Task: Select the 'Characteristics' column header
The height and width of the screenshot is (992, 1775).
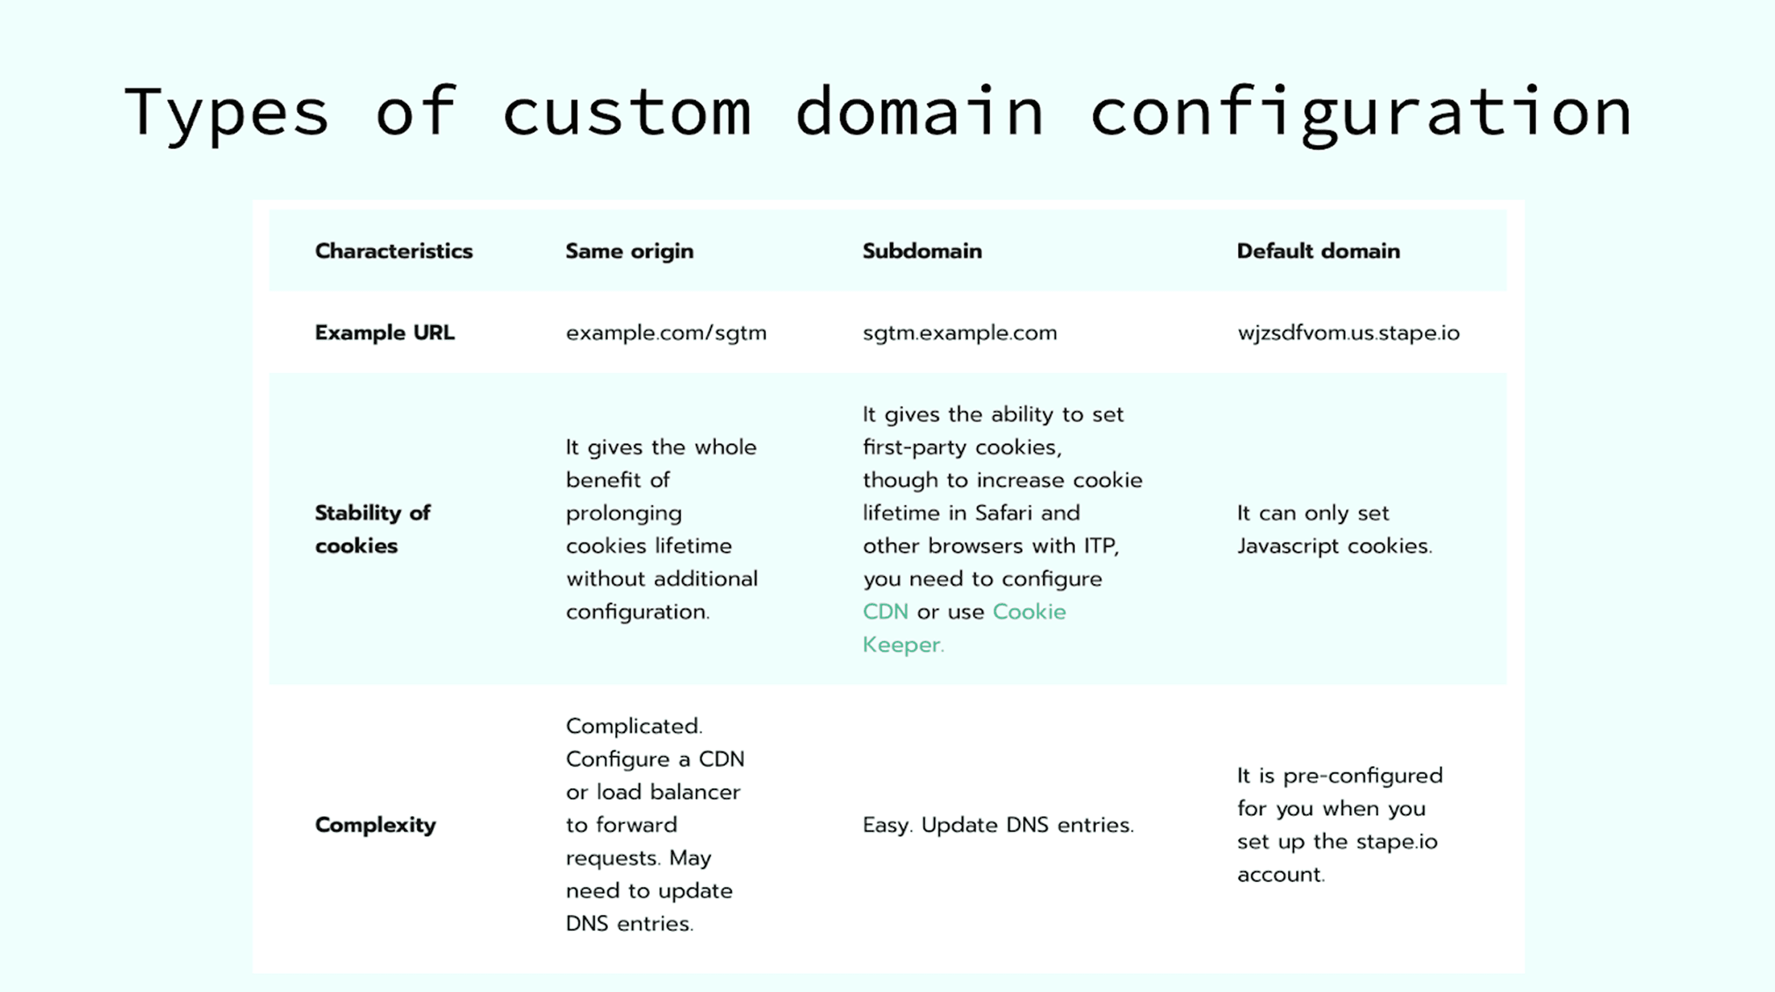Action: coord(393,251)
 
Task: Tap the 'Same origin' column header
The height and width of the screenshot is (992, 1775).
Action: coord(629,251)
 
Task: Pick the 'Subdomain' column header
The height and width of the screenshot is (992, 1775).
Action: coord(922,251)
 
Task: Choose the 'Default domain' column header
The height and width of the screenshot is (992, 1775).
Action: coord(1317,251)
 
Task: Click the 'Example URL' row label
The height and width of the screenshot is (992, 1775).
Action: coord(385,333)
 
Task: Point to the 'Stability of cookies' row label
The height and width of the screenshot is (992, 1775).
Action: coord(372,529)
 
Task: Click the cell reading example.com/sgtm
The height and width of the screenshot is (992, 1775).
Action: coord(666,333)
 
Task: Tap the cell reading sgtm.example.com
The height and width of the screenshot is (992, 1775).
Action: coord(959,333)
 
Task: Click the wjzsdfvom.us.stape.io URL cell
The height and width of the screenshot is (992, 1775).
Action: coord(1348,333)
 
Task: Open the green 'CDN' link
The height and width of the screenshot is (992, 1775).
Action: coord(885,612)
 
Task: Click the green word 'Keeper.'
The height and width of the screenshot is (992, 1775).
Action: coord(903,645)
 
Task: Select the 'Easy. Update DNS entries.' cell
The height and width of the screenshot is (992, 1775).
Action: coord(998,825)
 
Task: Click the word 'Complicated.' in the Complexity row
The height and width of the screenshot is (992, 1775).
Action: coord(634,726)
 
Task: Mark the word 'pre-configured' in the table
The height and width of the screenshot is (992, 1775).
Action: coord(1361,776)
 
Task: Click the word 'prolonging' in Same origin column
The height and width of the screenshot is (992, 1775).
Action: coord(624,513)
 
